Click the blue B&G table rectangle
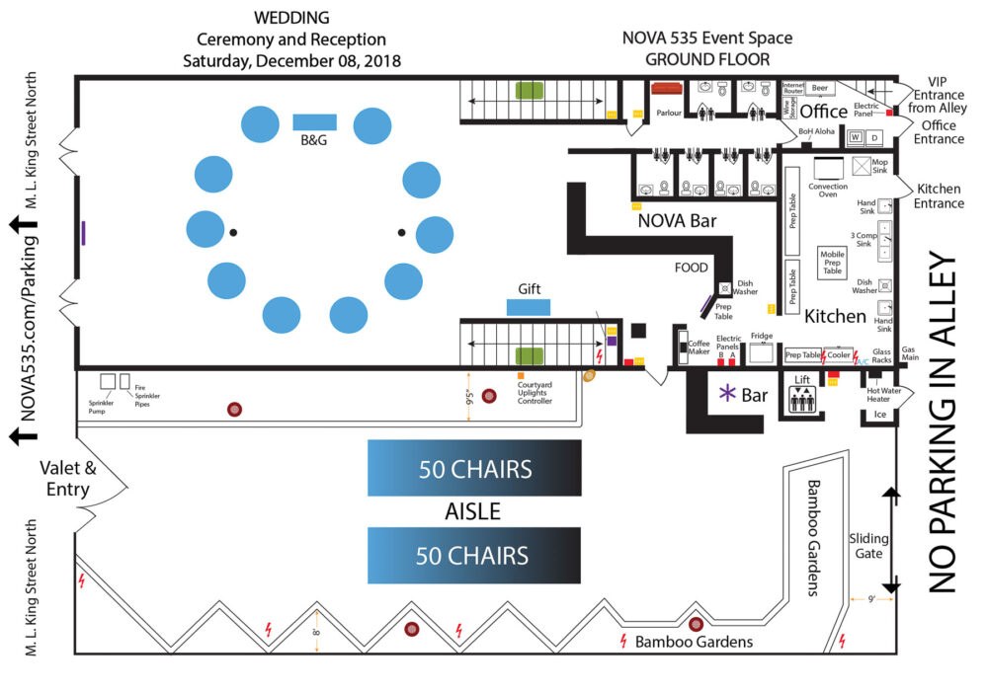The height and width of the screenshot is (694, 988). (314, 122)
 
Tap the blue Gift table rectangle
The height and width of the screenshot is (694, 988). (529, 307)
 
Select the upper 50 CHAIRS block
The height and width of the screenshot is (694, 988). (474, 468)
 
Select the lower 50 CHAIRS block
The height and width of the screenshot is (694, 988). (474, 555)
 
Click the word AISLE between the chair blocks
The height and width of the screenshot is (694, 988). (472, 511)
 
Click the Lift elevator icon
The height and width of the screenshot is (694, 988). (801, 399)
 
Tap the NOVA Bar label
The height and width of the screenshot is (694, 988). (677, 221)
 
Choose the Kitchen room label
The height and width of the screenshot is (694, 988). (835, 317)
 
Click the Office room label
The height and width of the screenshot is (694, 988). (823, 112)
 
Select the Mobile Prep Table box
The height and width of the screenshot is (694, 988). (833, 263)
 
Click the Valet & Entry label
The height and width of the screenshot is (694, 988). (66, 479)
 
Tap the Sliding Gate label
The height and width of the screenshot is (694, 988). (869, 546)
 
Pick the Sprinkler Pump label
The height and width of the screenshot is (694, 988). (103, 407)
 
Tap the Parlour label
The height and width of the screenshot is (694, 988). (668, 113)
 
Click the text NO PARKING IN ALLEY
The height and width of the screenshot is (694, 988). (944, 424)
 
